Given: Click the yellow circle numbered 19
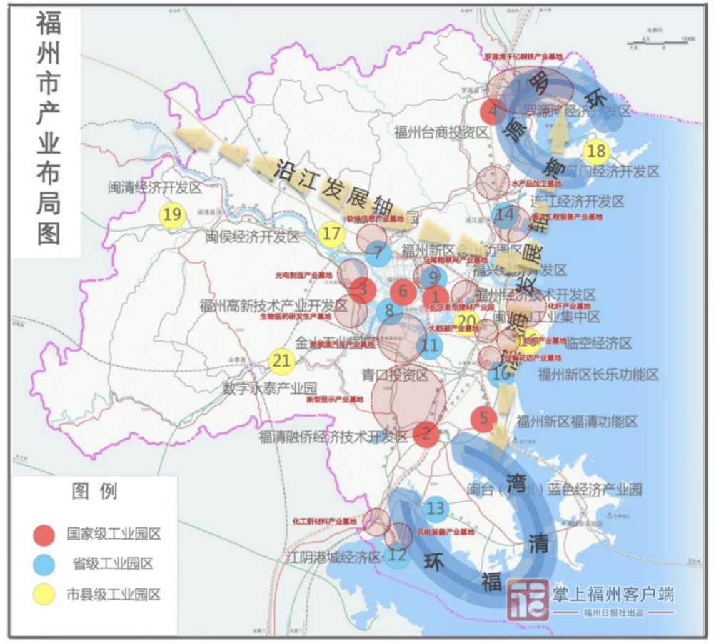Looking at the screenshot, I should click(x=171, y=214).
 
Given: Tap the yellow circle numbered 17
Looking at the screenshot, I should click(x=331, y=234).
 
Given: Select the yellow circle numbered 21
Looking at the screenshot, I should click(x=282, y=361).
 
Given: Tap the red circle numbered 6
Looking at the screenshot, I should click(x=403, y=292).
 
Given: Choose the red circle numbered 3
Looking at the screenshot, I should click(x=363, y=289).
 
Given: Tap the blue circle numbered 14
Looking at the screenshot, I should click(x=506, y=214).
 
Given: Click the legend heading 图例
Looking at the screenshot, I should click(x=94, y=492).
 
